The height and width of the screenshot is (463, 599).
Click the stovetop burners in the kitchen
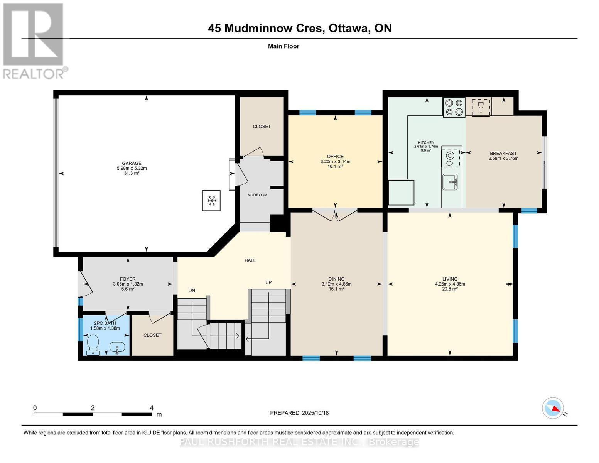tap(454, 107)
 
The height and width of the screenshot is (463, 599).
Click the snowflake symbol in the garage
tap(211, 200)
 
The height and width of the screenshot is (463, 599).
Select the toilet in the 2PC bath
tap(93, 344)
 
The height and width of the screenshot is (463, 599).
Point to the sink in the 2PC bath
tap(117, 347)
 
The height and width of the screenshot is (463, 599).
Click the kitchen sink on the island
tap(450, 182)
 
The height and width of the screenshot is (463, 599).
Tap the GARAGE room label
tap(132, 163)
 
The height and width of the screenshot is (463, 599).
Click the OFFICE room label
tap(335, 157)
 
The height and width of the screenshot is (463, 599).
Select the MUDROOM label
tap(257, 195)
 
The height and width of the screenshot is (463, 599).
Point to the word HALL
tap(250, 260)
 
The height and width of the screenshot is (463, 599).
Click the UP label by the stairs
tap(268, 282)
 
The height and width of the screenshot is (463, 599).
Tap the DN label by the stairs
tap(192, 291)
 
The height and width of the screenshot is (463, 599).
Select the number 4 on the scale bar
tap(152, 408)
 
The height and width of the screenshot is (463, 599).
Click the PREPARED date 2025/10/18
tap(315, 413)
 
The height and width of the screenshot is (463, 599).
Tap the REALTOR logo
tap(34, 41)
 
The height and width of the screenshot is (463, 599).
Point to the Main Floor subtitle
tap(283, 46)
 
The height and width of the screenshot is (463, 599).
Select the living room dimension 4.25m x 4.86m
tap(450, 284)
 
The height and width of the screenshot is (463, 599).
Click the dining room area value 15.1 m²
tap(336, 289)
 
